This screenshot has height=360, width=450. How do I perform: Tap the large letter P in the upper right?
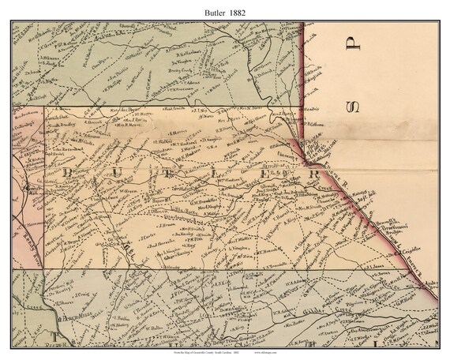tap(354, 40)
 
